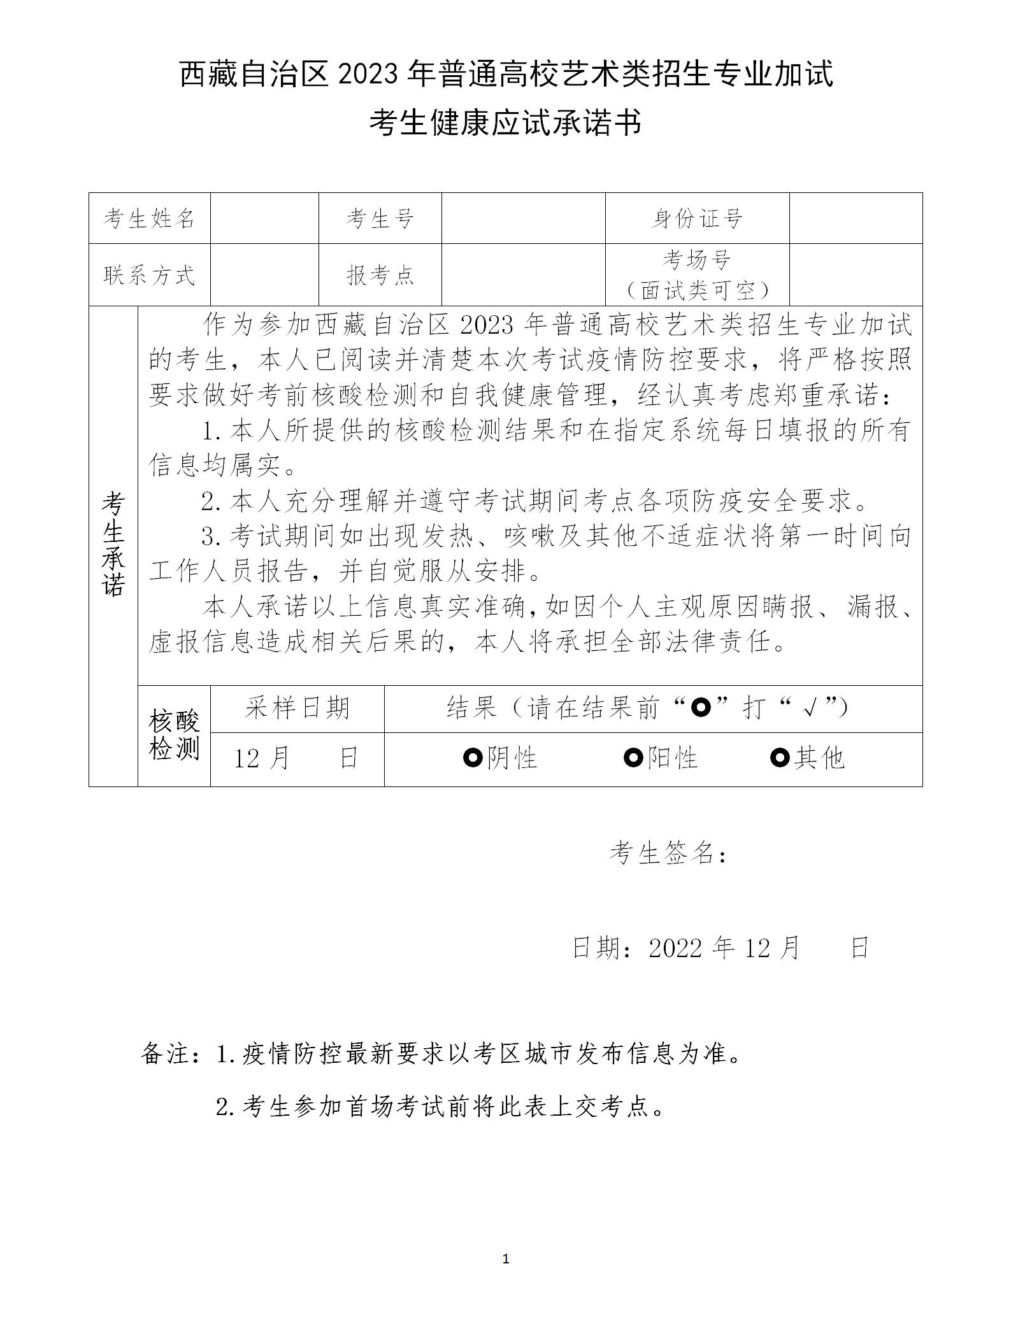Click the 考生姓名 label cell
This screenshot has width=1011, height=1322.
(x=149, y=218)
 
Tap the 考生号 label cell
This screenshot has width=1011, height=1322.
(x=380, y=218)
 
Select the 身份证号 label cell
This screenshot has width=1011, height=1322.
(x=697, y=218)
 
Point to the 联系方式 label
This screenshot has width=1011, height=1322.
(x=149, y=275)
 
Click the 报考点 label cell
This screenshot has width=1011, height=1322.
(x=380, y=275)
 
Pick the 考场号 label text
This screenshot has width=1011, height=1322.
(x=697, y=260)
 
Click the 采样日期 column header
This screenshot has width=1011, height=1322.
(x=298, y=708)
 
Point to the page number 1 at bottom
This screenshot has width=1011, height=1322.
(x=506, y=1258)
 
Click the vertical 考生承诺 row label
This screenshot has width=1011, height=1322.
(x=113, y=544)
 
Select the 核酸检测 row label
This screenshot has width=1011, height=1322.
(x=174, y=736)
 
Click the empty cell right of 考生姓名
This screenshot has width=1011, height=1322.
(x=264, y=218)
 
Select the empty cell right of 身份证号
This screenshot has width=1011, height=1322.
(x=856, y=218)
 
